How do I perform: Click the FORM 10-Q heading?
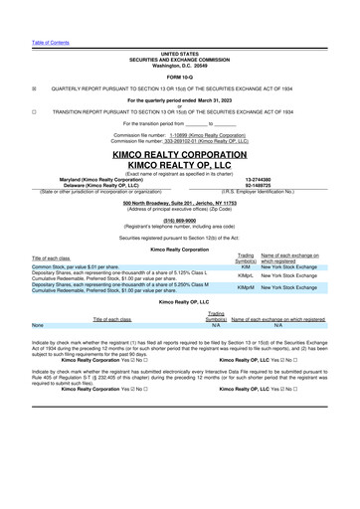coord(180,77)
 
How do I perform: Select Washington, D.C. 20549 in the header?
coord(180,65)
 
